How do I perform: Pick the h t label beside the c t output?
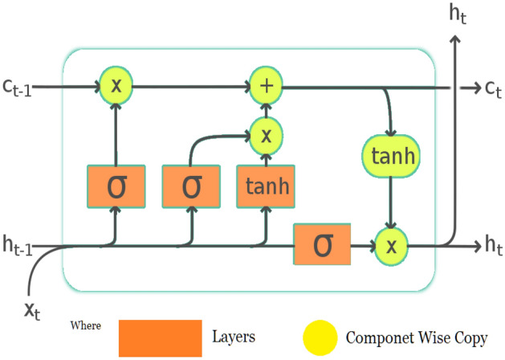483,246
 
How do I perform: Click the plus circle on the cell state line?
264,84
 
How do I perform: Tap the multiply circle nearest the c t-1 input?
116,84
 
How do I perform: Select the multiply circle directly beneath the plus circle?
264,133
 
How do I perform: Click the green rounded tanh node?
391,156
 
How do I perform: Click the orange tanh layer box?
265,188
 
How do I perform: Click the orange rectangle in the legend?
160,337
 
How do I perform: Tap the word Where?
88,325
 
